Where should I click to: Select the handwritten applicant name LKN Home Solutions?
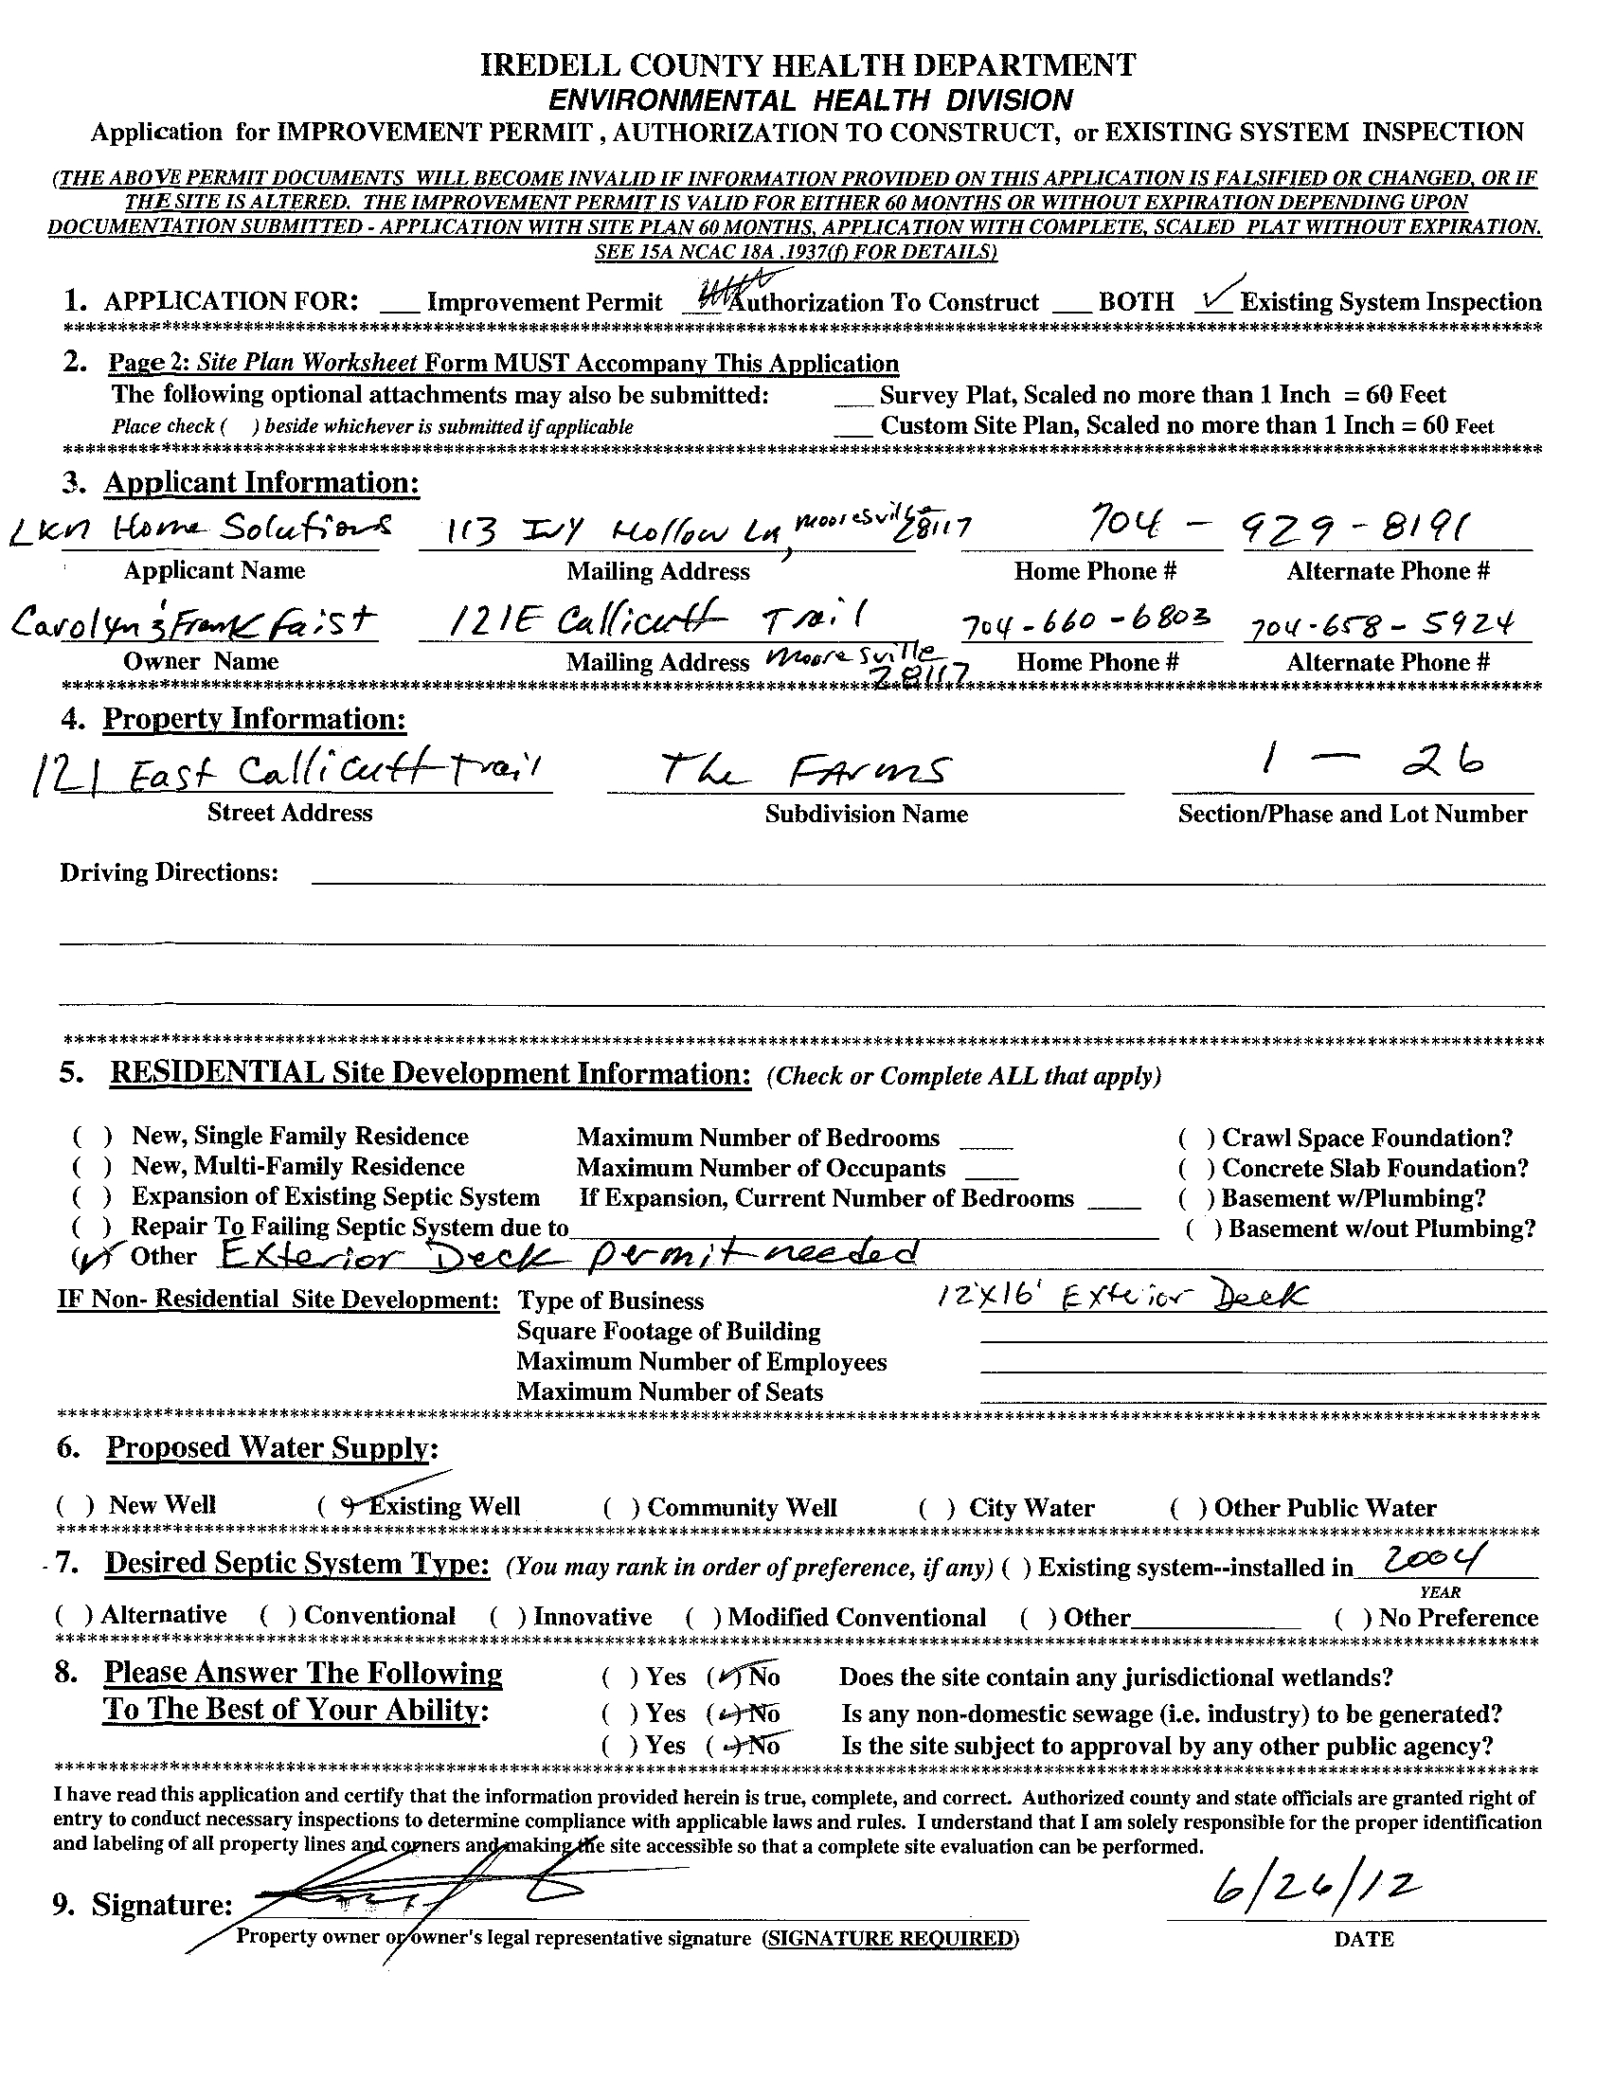coord(200,529)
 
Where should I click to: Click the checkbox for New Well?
coord(74,1506)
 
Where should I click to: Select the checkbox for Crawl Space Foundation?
coord(1194,1139)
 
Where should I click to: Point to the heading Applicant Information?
coord(261,483)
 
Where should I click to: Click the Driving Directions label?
coord(169,872)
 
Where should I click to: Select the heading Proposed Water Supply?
coord(272,1447)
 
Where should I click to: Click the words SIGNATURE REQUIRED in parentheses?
coord(890,1938)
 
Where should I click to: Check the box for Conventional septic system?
coord(277,1617)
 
